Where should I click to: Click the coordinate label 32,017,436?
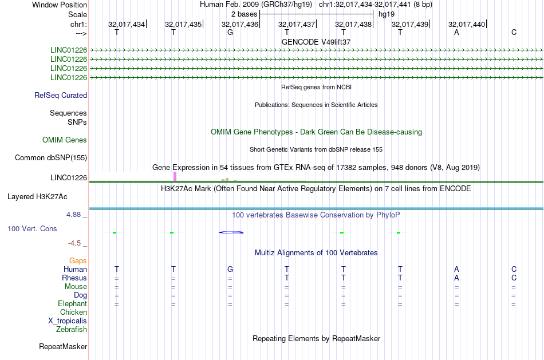point(240,24)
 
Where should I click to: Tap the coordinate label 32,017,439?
point(410,24)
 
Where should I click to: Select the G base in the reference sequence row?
point(230,32)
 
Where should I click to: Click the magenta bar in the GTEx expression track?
point(175,176)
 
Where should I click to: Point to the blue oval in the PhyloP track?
point(231,232)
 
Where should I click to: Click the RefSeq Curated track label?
point(61,96)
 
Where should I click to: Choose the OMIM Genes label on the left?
point(65,140)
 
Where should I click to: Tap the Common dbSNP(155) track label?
point(51,158)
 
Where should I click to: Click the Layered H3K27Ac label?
point(37,197)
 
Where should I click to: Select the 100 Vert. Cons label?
point(32,228)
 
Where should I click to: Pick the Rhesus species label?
point(74,278)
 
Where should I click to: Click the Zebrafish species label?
point(72,329)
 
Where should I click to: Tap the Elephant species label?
point(73,303)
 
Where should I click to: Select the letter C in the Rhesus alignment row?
point(514,278)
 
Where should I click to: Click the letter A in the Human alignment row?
point(456,269)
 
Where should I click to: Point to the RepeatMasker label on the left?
point(63,346)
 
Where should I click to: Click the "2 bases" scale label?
point(245,14)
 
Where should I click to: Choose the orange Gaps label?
point(78,260)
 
